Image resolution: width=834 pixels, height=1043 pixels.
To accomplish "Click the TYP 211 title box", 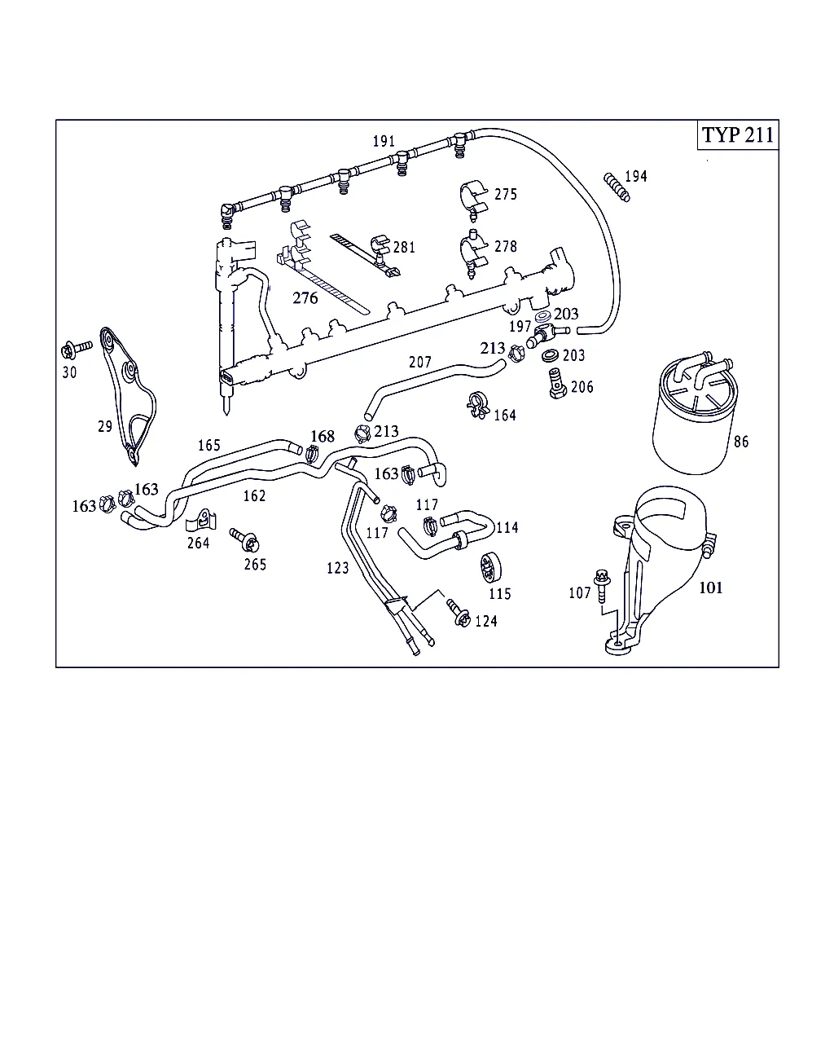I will (x=738, y=135).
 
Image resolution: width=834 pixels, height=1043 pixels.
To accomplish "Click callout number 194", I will (x=635, y=176).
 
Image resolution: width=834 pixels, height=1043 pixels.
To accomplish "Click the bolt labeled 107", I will (x=602, y=588).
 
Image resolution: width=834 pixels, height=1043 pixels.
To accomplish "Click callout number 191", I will (x=384, y=141).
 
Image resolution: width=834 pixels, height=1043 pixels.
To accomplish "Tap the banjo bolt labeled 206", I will (x=557, y=383).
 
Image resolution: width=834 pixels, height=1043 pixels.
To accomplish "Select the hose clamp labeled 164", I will (x=476, y=405).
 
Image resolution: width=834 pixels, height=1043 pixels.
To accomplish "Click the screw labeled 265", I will (x=244, y=540).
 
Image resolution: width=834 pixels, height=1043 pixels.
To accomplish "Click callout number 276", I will (x=305, y=298).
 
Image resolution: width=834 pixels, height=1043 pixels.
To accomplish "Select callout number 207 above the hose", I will (x=419, y=362).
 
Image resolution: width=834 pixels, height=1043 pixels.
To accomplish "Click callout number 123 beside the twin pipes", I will (x=337, y=568).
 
